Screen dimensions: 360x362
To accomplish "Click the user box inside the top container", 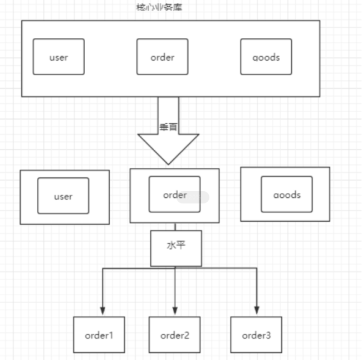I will click(x=58, y=56).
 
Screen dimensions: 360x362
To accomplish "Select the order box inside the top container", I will click(x=163, y=56).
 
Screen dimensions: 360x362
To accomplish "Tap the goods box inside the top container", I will click(x=266, y=56).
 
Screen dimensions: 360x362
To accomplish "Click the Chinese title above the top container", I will click(x=159, y=7).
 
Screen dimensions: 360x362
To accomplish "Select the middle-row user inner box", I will click(x=63, y=196).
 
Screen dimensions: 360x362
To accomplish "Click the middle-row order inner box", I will click(x=174, y=194).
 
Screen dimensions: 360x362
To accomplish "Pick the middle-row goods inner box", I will click(x=287, y=194).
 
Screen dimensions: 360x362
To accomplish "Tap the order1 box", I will click(x=99, y=335).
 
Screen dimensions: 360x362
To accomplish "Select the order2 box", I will click(x=175, y=335).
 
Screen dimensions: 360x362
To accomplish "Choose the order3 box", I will click(x=256, y=335).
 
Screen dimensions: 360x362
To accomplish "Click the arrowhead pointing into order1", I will click(x=102, y=310).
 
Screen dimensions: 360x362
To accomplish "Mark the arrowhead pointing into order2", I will click(x=175, y=310).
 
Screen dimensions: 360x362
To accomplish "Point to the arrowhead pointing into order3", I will click(x=257, y=310).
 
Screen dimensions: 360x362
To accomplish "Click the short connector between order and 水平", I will click(x=175, y=227).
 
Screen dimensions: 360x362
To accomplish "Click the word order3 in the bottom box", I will click(x=256, y=335).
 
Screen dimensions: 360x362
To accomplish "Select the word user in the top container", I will click(x=58, y=57).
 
